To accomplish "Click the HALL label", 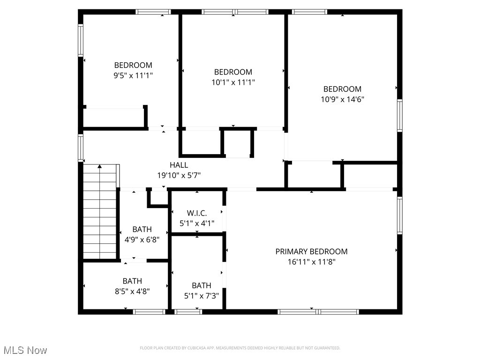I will tap(179, 165).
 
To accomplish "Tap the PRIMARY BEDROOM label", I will tap(311, 251).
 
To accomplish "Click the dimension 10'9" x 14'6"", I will tap(342, 99).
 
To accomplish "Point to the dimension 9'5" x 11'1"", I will tap(133, 75).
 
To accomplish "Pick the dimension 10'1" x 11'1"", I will tap(233, 82).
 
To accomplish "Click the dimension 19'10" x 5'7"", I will tap(179, 175).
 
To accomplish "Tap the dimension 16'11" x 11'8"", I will tap(311, 262).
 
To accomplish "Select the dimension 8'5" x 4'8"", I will tap(132, 291).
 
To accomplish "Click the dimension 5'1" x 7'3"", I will tap(201, 295).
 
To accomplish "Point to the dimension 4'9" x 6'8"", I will tap(142, 240).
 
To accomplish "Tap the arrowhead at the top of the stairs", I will tap(99, 166).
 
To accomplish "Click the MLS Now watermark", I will tap(25, 350).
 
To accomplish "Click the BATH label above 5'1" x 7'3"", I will tap(201, 285).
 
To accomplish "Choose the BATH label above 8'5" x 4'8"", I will tap(132, 281).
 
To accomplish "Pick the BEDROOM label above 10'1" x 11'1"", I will tap(233, 72).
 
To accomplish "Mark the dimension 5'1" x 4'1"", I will tap(197, 224).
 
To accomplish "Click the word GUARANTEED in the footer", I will tap(328, 348).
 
